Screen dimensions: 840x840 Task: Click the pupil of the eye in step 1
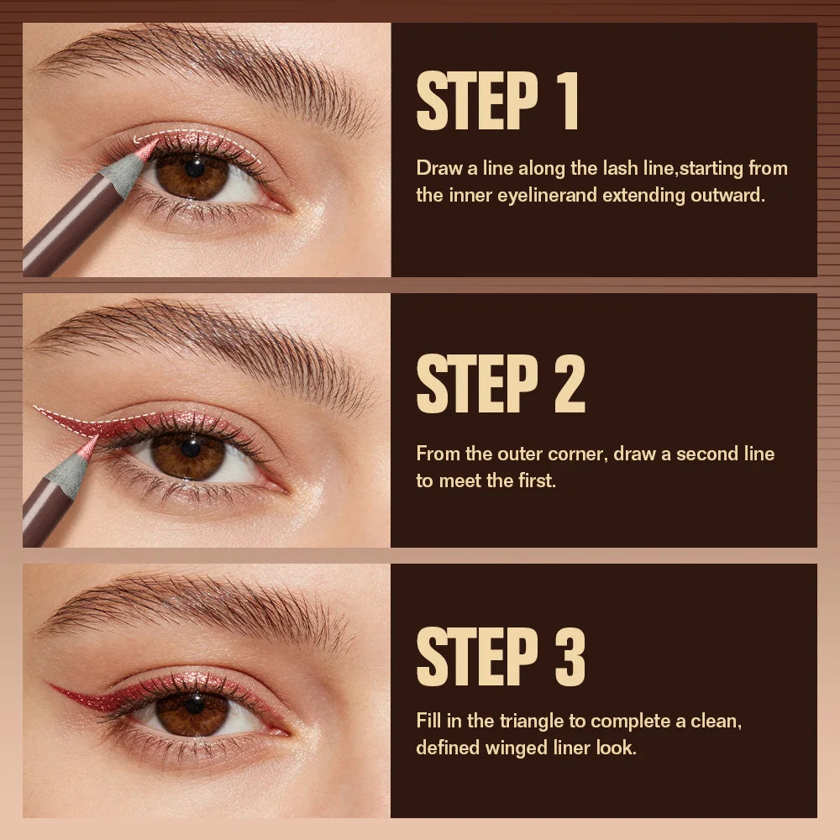pyautogui.click(x=195, y=167)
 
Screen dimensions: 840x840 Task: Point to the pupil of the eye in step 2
pyautogui.click(x=190, y=448)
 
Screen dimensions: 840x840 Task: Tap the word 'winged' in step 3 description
pyautogui.click(x=511, y=748)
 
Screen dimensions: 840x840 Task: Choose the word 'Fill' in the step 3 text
pyautogui.click(x=428, y=721)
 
